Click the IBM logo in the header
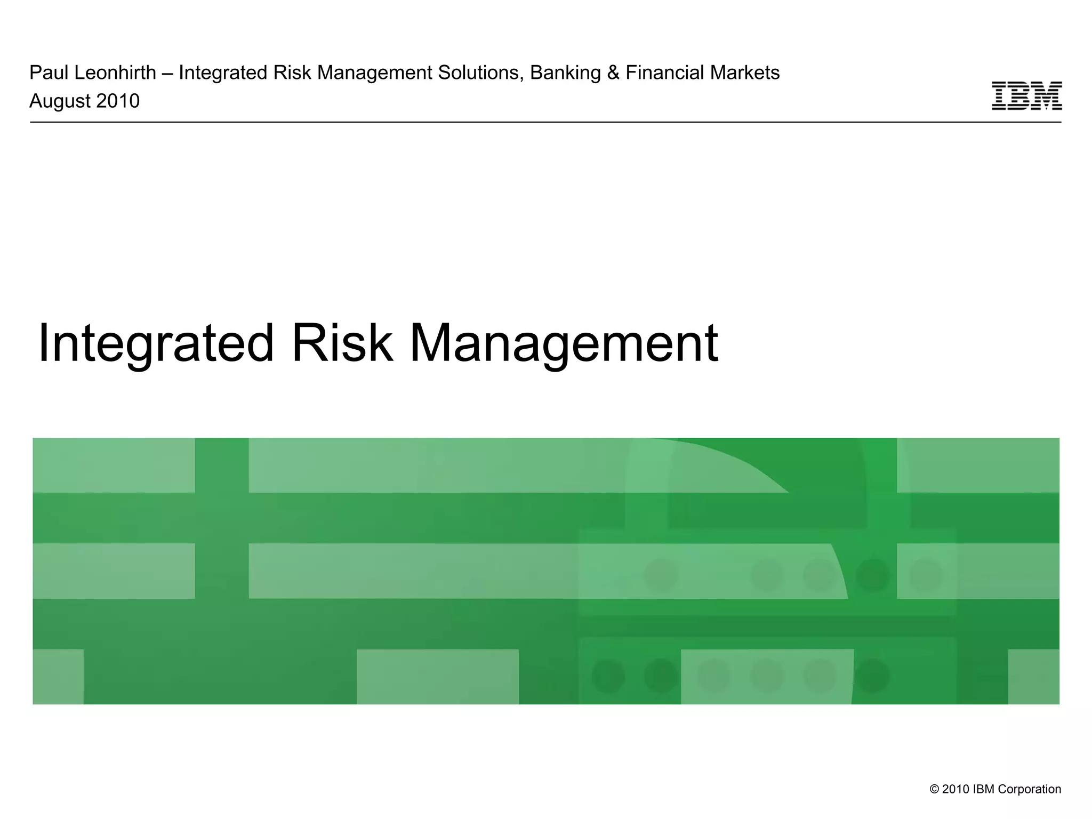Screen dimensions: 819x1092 pyautogui.click(x=1026, y=96)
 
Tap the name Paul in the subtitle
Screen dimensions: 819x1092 pyautogui.click(x=47, y=73)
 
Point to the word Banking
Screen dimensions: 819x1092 pyautogui.click(x=565, y=73)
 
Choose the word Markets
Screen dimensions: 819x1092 pyautogui.click(x=749, y=73)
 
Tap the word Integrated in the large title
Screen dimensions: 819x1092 pyautogui.click(x=156, y=344)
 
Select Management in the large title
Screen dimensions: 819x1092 pyautogui.click(x=564, y=344)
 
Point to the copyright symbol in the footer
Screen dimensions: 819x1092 pyautogui.click(x=934, y=789)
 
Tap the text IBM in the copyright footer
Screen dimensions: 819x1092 pyautogui.click(x=983, y=789)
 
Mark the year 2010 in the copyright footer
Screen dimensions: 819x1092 pyautogui.click(x=955, y=789)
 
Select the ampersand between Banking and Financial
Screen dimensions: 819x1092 pyautogui.click(x=613, y=73)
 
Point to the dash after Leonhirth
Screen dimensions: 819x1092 pyautogui.click(x=167, y=73)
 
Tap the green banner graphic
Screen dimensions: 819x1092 pyautogui.click(x=546, y=571)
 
